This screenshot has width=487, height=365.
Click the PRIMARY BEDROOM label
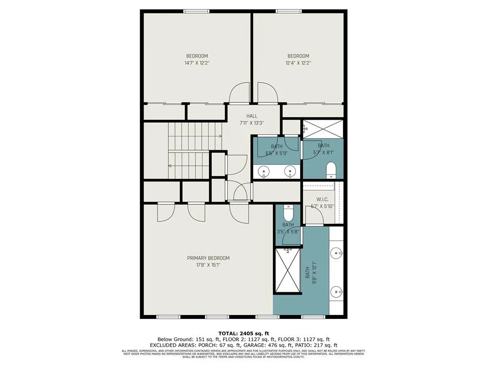click(208, 258)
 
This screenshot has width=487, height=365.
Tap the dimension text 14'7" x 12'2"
click(197, 63)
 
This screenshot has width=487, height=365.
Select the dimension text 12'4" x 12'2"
click(298, 63)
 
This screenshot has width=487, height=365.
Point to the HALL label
click(252, 116)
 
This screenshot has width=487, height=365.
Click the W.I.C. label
click(323, 200)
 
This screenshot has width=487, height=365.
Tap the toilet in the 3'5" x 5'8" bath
click(288, 211)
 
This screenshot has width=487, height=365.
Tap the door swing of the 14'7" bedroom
click(239, 92)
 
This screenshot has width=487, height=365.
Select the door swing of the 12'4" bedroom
click(266, 92)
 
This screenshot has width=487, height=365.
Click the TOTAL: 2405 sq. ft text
click(243, 333)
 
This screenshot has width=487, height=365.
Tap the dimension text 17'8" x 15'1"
click(208, 265)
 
